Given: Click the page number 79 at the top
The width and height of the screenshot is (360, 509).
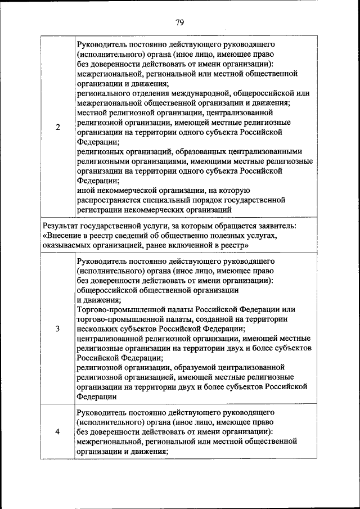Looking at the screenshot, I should coord(180,22).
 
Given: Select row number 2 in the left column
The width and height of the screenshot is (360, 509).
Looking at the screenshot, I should coord(58,127).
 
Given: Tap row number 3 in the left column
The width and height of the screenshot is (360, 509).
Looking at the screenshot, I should coord(58,329).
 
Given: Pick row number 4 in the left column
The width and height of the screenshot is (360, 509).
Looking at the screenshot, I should coord(58,431).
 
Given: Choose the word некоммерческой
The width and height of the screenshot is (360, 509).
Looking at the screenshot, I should coord(123,190).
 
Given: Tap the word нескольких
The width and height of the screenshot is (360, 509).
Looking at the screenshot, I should coord(97,329).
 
